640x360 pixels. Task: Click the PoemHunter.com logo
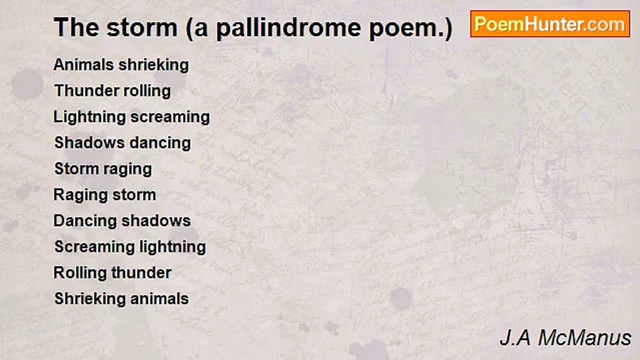[550, 24]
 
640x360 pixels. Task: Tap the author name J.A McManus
[565, 338]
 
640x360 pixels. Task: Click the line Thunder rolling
[112, 91]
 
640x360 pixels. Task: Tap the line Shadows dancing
[122, 143]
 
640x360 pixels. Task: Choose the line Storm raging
[103, 169]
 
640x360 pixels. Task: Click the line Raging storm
[104, 195]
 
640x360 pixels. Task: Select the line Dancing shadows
[122, 221]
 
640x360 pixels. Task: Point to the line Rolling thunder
[112, 273]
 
